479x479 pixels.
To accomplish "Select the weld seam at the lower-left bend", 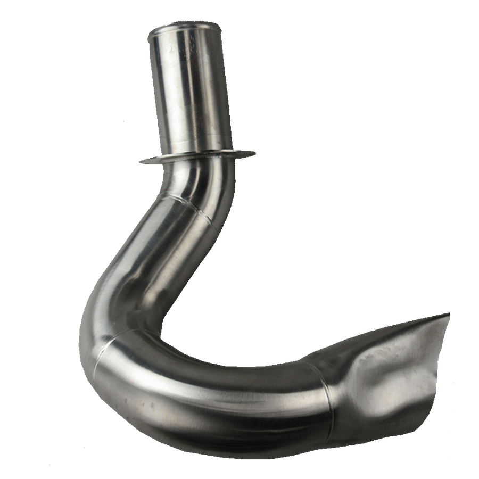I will pos(104,351).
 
